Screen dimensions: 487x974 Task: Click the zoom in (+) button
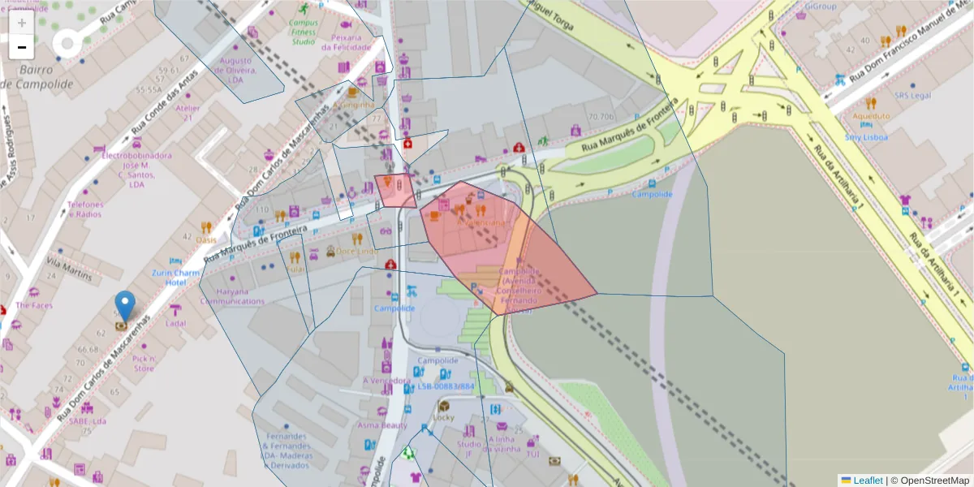21,23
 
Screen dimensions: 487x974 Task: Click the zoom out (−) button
21,47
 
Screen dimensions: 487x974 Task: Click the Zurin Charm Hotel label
175,278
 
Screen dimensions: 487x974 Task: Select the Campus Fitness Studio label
303,32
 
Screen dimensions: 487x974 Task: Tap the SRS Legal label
913,95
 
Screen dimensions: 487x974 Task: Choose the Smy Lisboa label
866,137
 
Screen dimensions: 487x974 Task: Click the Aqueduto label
871,116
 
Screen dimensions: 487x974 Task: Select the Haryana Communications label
232,296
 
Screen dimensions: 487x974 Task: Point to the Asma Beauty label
382,425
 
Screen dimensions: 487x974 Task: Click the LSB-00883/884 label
446,386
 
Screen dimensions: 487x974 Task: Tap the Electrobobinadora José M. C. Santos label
136,169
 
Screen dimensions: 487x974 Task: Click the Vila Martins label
70,270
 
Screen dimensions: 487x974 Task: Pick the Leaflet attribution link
868,481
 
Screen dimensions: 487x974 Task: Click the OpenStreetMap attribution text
929,481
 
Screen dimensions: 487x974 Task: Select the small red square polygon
394,191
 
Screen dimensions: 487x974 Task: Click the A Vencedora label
386,380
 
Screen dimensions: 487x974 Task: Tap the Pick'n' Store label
143,363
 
